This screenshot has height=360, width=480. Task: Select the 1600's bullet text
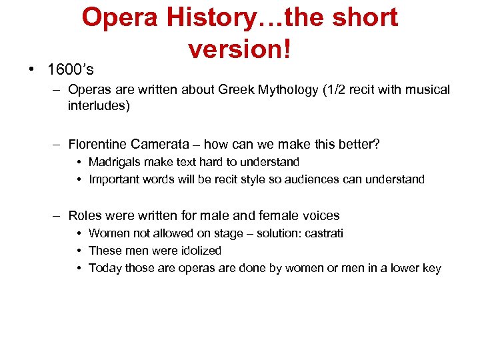click(x=70, y=69)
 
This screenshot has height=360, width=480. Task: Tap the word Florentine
click(x=97, y=144)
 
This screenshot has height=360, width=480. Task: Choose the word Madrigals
click(x=114, y=162)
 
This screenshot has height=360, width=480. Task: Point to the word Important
click(x=114, y=179)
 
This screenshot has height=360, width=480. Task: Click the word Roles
click(x=85, y=215)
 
